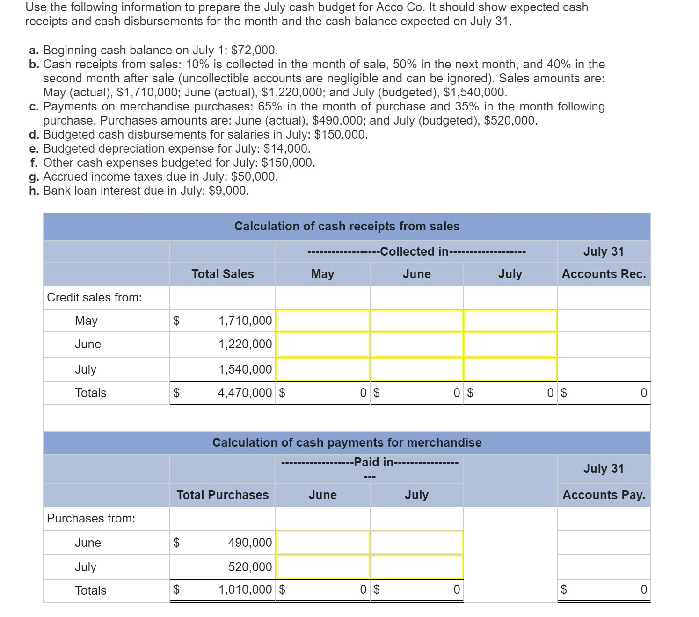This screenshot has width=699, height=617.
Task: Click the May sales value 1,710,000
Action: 245,321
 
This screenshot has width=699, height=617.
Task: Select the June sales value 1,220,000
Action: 245,344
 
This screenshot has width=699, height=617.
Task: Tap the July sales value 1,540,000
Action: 245,369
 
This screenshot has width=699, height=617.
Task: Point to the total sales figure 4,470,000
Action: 245,393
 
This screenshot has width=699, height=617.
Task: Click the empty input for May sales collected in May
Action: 323,321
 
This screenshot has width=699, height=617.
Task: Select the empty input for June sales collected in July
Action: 510,344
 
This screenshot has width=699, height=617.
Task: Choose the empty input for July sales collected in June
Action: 416,369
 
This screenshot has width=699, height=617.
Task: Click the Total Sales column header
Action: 223,274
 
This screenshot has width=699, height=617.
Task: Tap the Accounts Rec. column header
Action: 604,274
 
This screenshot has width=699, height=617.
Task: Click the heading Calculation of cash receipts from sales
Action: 347,226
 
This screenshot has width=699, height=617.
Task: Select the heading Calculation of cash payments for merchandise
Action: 347,442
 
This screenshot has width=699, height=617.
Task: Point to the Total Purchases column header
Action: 223,495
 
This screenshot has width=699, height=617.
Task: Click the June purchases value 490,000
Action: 250,543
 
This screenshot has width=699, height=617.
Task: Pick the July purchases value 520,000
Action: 250,567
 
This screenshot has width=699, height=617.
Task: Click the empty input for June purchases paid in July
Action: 416,543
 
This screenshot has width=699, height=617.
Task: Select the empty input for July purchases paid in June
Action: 323,567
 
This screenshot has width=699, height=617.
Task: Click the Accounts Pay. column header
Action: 604,495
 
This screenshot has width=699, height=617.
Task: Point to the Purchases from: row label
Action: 91,518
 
